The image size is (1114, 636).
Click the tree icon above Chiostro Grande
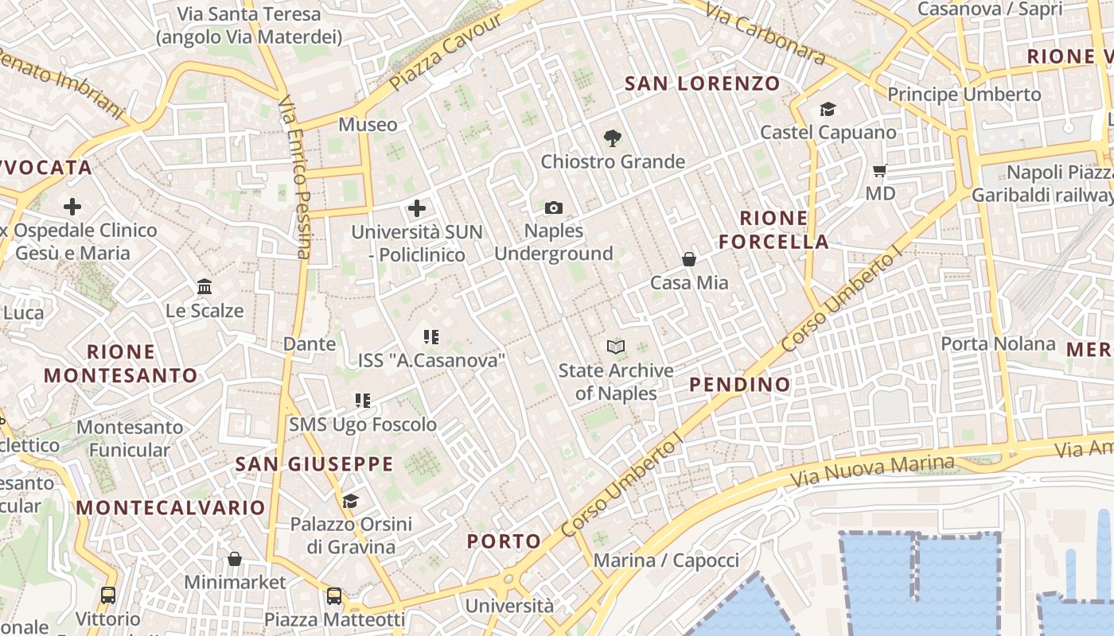click(x=612, y=138)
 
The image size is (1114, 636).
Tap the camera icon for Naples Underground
click(x=554, y=208)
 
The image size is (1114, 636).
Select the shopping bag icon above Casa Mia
click(x=689, y=259)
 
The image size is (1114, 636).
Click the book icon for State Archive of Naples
click(x=616, y=347)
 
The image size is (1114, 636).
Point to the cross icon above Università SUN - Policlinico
click(x=417, y=209)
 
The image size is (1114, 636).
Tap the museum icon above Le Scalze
click(x=204, y=286)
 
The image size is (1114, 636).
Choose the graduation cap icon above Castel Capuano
click(x=828, y=109)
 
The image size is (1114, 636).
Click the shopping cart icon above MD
click(x=880, y=170)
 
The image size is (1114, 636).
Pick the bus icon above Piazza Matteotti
click(x=334, y=595)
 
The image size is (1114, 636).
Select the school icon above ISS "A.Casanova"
click(x=431, y=337)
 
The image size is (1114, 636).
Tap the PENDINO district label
click(x=740, y=385)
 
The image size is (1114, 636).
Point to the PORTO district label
click(x=504, y=541)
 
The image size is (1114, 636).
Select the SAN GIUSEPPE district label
click(x=314, y=464)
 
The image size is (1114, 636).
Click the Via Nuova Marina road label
click(x=873, y=471)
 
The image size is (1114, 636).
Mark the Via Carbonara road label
click(x=765, y=32)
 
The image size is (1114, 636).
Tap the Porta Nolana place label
click(x=998, y=344)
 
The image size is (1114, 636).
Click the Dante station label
click(x=310, y=344)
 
